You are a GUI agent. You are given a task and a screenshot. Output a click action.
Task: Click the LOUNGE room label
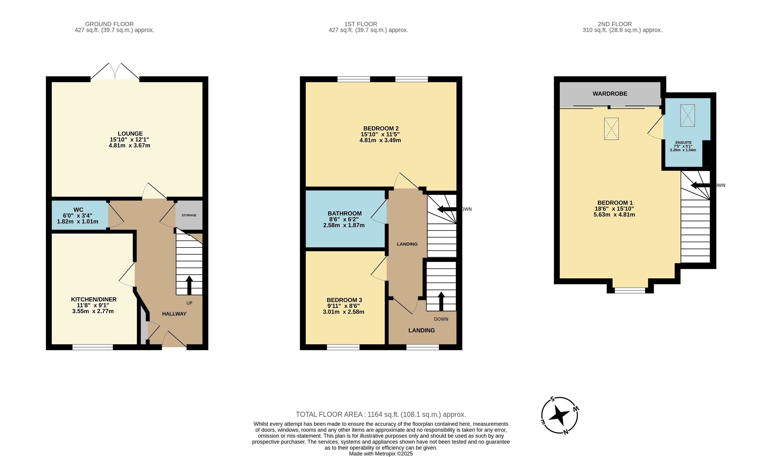coord(130,134)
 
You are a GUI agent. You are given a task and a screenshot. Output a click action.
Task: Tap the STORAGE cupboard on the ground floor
coord(189,215)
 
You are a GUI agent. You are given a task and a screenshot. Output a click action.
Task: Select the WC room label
coord(78,210)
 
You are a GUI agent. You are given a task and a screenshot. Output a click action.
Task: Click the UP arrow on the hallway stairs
coord(189,285)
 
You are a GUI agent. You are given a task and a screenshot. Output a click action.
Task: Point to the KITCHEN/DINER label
coord(94,299)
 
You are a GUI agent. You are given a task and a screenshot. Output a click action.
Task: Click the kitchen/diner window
coord(93,347)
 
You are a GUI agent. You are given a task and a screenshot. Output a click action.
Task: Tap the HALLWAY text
coord(174,314)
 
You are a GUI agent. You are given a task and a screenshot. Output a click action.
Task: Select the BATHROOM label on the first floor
coord(345,213)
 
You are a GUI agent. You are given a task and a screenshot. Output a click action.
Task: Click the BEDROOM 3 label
coord(344,300)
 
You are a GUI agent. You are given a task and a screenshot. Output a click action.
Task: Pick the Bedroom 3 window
coord(343,347)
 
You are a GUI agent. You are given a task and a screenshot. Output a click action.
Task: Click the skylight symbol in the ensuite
coord(687,115)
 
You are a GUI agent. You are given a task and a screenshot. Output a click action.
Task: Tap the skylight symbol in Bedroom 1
coord(611,129)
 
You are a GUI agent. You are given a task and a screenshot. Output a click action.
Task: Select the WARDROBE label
coord(610,94)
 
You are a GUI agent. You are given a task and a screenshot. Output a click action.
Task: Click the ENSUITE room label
coord(684,143)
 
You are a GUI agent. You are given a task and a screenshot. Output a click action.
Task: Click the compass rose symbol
coord(560,415)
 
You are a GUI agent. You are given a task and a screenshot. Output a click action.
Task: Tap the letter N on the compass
coord(566,432)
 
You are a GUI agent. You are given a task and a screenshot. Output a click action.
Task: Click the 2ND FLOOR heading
coord(615,24)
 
